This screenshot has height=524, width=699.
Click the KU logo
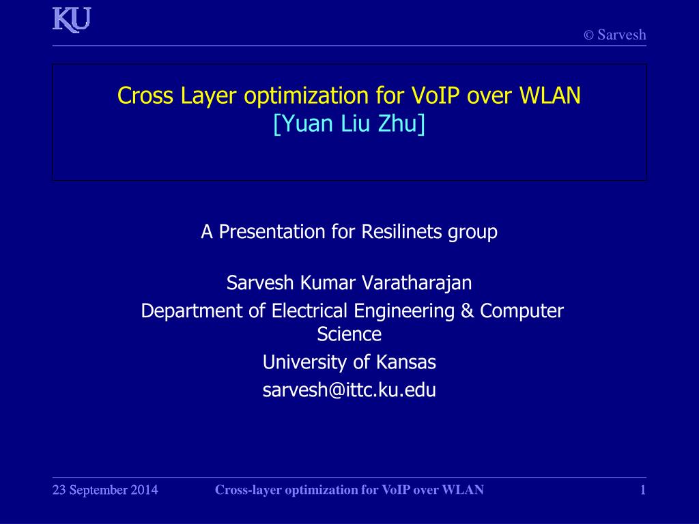(72, 20)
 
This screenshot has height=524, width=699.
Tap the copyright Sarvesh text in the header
(615, 35)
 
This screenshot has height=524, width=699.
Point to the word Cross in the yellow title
(145, 96)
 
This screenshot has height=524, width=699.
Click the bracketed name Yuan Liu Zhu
(349, 123)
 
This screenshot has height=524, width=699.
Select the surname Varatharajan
(416, 283)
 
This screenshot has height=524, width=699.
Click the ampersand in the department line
(467, 311)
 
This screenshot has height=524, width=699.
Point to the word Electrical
(309, 311)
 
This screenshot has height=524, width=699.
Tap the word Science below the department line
(349, 334)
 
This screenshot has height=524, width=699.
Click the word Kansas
(405, 362)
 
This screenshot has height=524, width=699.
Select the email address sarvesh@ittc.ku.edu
(349, 390)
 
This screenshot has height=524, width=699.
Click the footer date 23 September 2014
(105, 490)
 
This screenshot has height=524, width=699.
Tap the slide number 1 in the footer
(643, 490)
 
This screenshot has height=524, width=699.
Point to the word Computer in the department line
(522, 311)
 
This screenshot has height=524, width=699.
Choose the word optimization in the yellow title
(306, 96)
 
